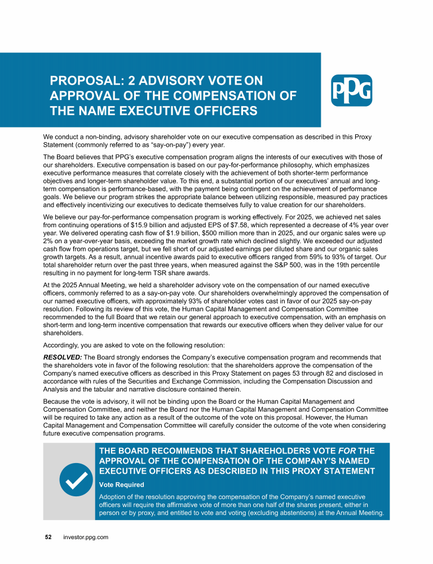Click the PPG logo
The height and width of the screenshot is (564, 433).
coord(351,90)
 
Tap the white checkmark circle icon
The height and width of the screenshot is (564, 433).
coord(75,480)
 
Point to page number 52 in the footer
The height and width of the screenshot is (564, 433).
coord(48,537)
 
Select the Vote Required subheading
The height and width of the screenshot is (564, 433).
coord(121,484)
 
